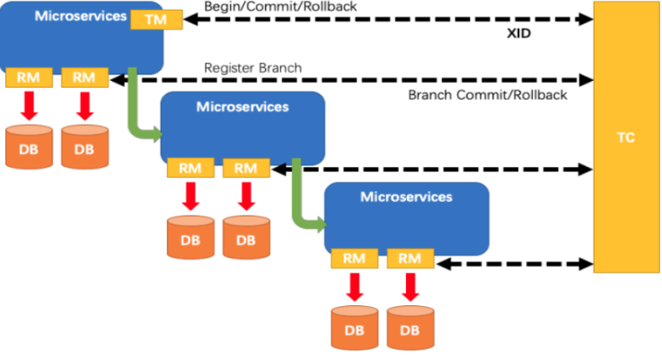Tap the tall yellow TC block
pos(626,139)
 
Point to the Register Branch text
pos(252,67)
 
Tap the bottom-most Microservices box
pos(406,215)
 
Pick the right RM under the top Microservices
pos(84,78)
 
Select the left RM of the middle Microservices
pos(190,168)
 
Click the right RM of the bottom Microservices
pos(410,259)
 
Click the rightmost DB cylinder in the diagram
pos(410,329)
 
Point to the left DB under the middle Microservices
pos(190,238)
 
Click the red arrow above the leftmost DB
pos(29,104)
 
